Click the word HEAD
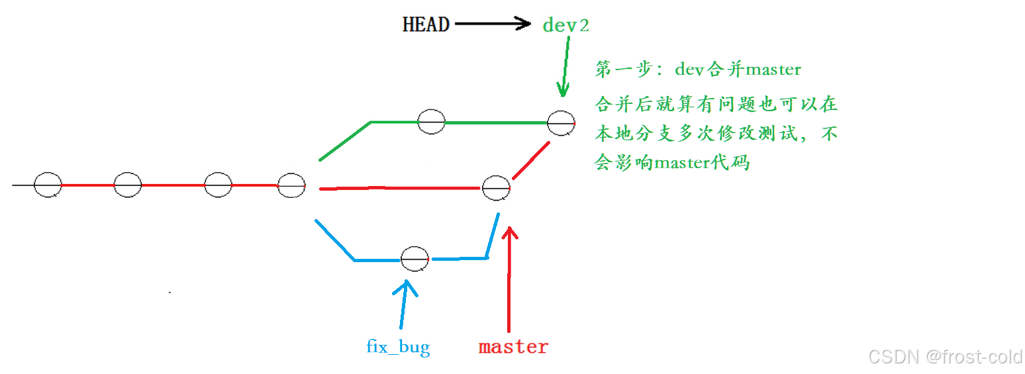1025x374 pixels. tap(426, 25)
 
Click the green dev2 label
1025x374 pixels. tap(565, 26)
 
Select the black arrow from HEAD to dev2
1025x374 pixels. tap(493, 24)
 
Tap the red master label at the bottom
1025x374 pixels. tap(513, 347)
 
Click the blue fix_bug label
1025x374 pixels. tap(398, 346)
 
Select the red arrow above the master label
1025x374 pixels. tap(509, 278)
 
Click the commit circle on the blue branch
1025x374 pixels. tap(415, 258)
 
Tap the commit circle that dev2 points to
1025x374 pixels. tap(561, 123)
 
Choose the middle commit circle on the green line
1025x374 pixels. tap(431, 122)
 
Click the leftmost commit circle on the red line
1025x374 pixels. tap(48, 185)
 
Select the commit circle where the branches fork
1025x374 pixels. tap(291, 185)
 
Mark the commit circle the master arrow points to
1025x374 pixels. tap(496, 189)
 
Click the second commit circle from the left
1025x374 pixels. tap(128, 185)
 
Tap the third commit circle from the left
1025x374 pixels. tap(218, 185)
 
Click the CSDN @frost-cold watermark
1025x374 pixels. tap(946, 357)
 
